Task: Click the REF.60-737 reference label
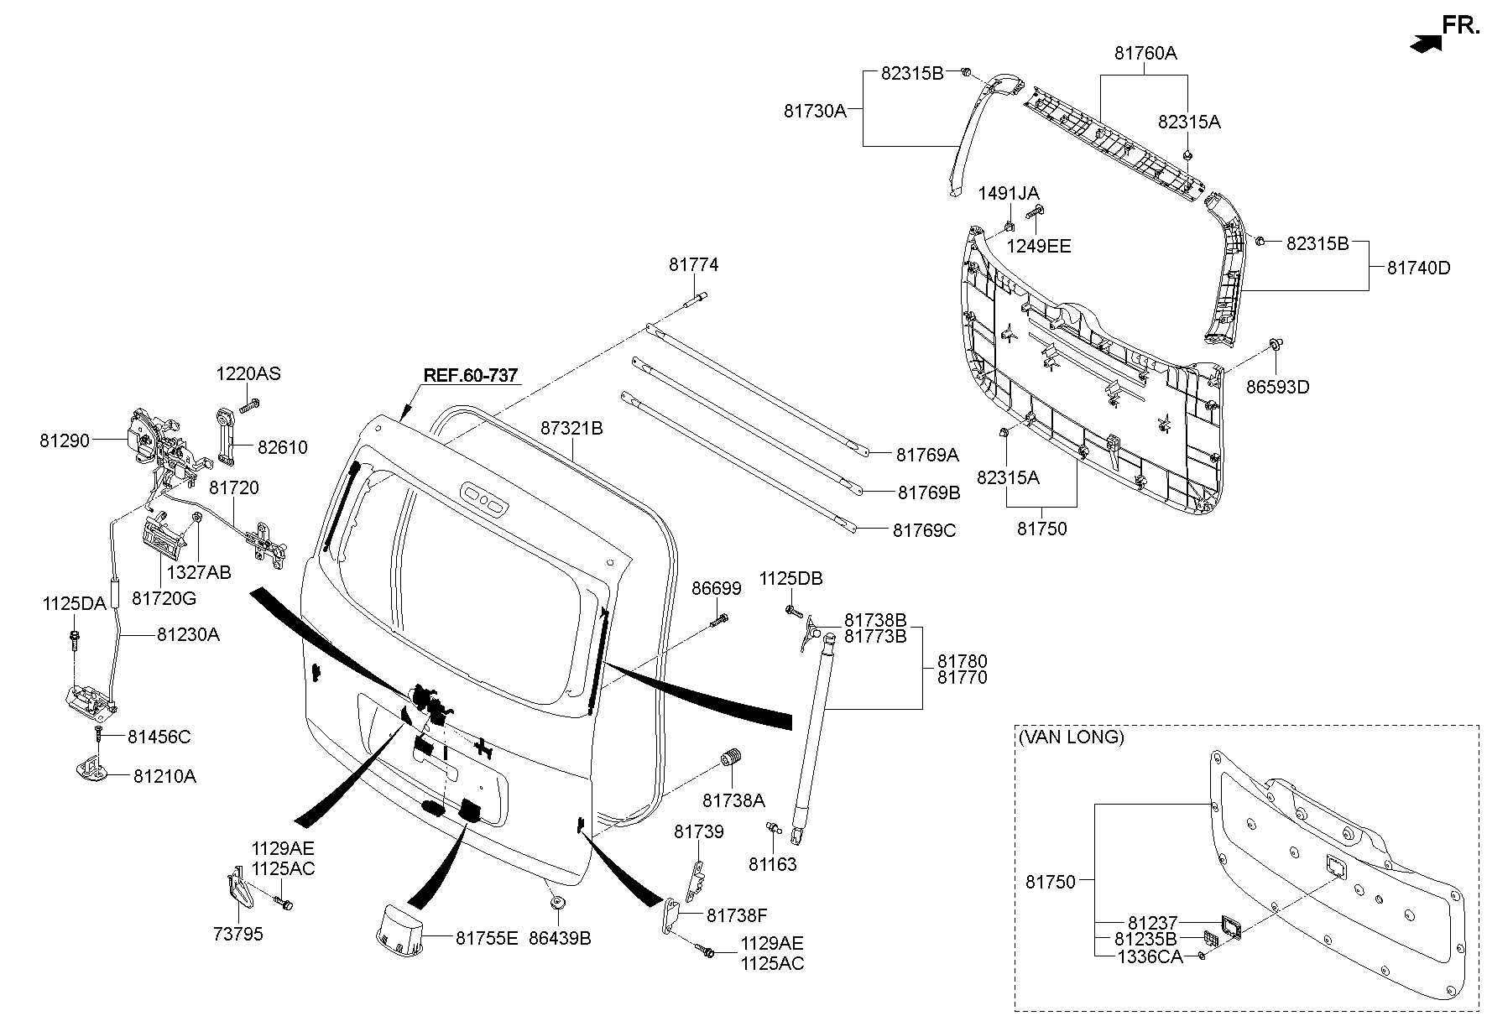point(470,375)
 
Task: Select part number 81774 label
point(693,265)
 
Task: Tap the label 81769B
point(928,492)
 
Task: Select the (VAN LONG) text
point(1070,737)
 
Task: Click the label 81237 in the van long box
point(1152,923)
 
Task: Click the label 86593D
point(1277,387)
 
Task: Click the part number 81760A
point(1145,53)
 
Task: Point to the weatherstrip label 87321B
point(571,428)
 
